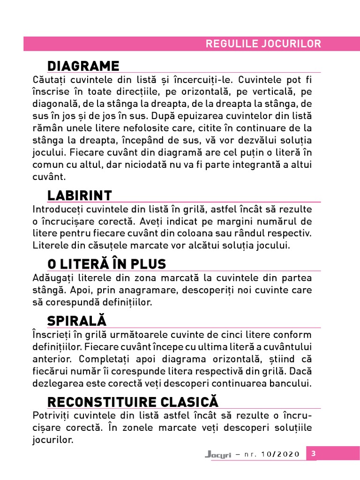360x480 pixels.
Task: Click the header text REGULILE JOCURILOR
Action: pyautogui.click(x=263, y=44)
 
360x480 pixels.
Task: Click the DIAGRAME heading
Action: pyautogui.click(x=83, y=66)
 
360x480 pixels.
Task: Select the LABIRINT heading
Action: pyautogui.click(x=79, y=195)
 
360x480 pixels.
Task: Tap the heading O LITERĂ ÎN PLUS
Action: pyautogui.click(x=106, y=264)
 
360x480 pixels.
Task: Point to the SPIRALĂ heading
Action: pyautogui.click(x=77, y=321)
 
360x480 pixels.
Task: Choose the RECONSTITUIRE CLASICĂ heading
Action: pyautogui.click(x=133, y=402)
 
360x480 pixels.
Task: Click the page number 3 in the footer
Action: pyautogui.click(x=314, y=453)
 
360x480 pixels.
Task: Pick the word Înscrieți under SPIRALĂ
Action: pyautogui.click(x=50, y=335)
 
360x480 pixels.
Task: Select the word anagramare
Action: pyautogui.click(x=127, y=290)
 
